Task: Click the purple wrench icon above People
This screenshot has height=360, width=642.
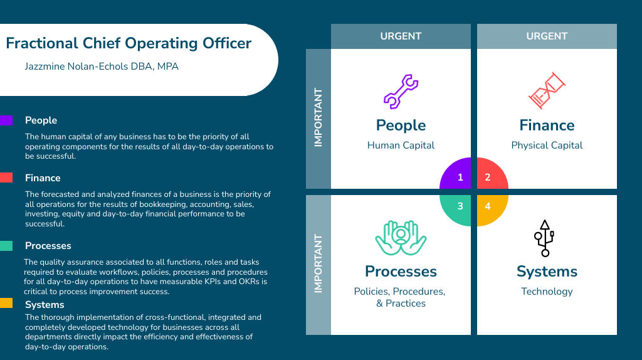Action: click(401, 92)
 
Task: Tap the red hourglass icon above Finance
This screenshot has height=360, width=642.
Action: click(547, 91)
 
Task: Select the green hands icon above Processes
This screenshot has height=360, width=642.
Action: click(401, 237)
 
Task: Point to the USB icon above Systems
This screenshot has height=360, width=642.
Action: click(544, 238)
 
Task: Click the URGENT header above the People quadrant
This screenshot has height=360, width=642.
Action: click(401, 36)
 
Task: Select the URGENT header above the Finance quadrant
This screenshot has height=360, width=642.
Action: click(547, 36)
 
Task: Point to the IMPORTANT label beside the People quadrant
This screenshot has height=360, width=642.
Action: click(318, 118)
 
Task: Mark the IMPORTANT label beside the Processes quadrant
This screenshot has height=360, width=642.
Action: click(318, 264)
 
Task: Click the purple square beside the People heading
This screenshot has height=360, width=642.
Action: click(6, 120)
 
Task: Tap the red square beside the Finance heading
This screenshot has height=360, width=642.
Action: click(6, 177)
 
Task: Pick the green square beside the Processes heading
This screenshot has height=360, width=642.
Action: click(6, 245)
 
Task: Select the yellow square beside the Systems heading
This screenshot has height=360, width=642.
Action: click(6, 304)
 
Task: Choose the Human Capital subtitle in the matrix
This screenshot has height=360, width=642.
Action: click(401, 145)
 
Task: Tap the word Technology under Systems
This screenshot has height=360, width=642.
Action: click(547, 291)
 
